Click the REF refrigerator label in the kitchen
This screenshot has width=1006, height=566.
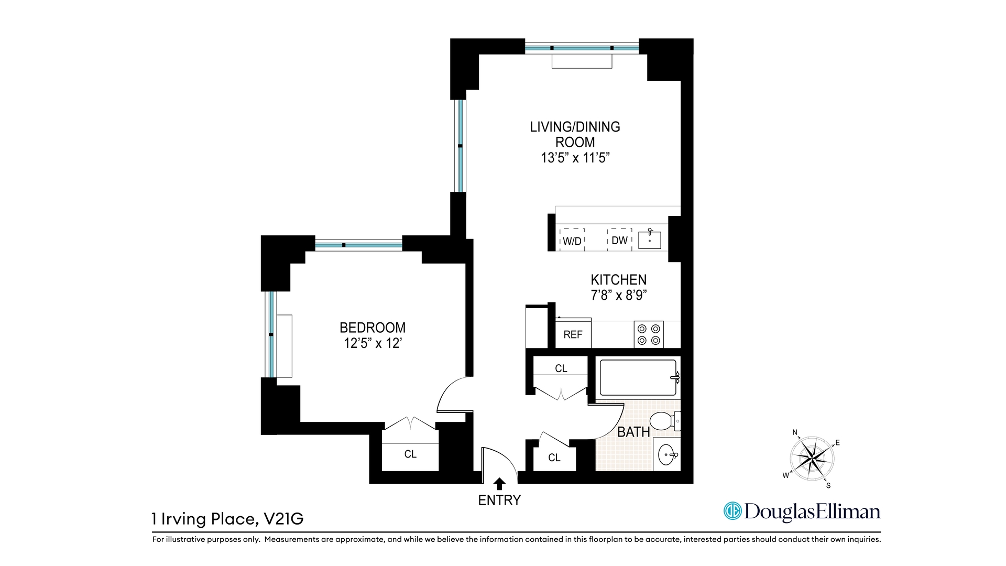[x=573, y=335]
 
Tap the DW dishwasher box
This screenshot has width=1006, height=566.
[x=619, y=240]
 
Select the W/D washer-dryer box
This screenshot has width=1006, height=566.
[x=572, y=240]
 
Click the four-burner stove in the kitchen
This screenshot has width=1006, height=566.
[x=649, y=334]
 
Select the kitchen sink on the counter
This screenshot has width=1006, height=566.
[x=650, y=240]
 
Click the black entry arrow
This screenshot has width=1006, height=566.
[x=499, y=484]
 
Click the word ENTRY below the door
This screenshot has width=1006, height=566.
[x=499, y=500]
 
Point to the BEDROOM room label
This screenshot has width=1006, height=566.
[x=373, y=328]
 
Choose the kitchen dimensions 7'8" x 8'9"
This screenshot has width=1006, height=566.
[x=619, y=296]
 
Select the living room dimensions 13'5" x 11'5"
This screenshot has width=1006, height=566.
[x=575, y=158]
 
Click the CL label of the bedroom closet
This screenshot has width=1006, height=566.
[x=410, y=454]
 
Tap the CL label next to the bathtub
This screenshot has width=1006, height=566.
[x=561, y=369]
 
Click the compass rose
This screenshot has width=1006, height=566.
[x=812, y=460]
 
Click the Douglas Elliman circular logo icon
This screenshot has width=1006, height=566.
[x=732, y=511]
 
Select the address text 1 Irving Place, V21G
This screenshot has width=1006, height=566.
[x=227, y=519]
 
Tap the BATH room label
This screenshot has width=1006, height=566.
[x=633, y=432]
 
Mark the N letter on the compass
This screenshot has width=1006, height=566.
[x=795, y=433]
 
